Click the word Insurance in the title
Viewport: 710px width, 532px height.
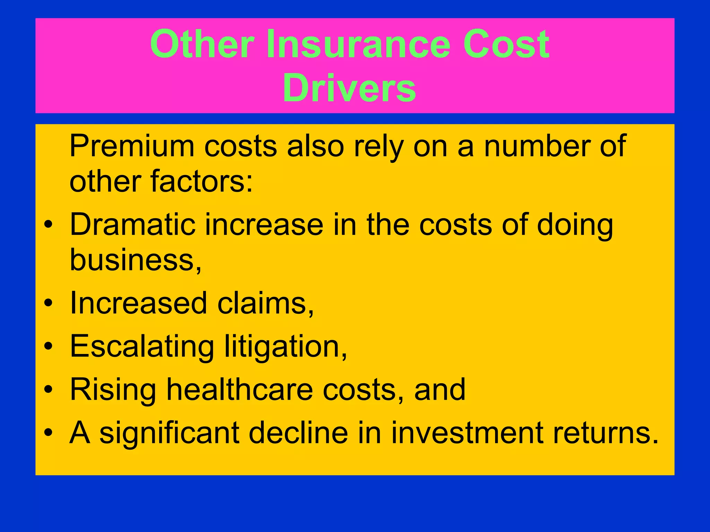[358, 44]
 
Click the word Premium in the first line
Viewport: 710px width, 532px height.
[132, 146]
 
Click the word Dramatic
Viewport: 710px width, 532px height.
[132, 225]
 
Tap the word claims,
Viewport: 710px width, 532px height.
[266, 303]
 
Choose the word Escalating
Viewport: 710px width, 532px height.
[142, 346]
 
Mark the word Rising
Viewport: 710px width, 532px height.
[113, 390]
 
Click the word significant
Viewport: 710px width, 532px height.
[170, 433]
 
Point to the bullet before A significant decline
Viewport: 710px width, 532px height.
[49, 433]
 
